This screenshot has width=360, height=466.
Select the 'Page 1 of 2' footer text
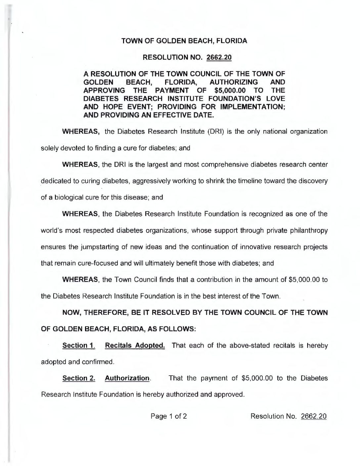click(169, 416)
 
